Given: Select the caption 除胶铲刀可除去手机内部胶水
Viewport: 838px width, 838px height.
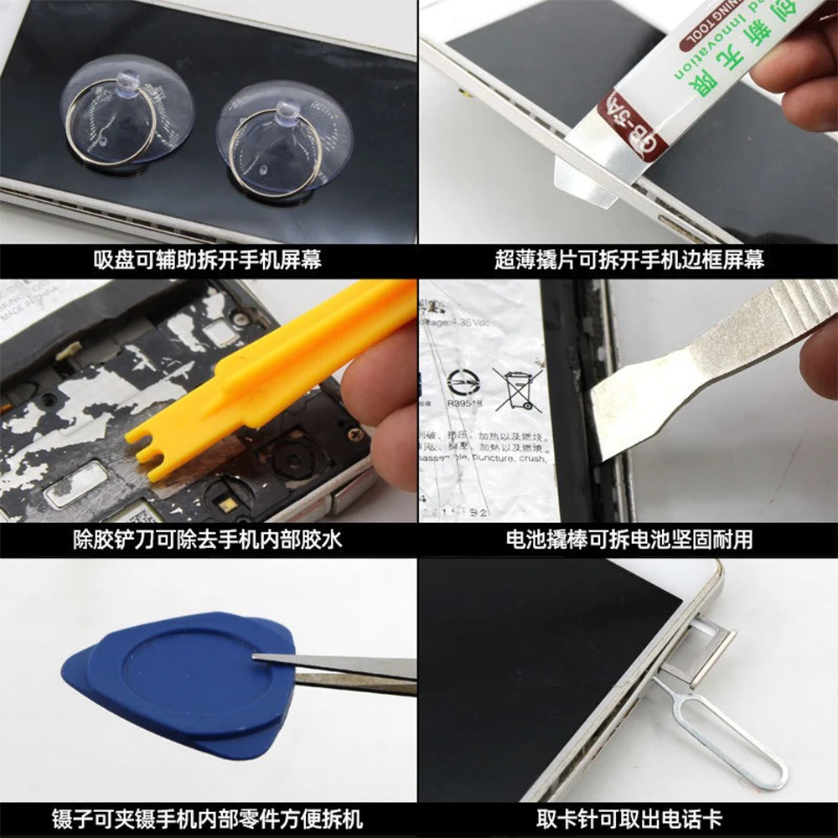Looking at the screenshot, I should (207, 540).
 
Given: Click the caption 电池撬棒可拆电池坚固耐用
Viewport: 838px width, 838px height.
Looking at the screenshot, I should (628, 540).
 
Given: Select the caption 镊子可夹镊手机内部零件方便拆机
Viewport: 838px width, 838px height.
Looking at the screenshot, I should (207, 818).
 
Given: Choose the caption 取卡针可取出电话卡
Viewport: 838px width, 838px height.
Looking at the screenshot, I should (628, 818).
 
